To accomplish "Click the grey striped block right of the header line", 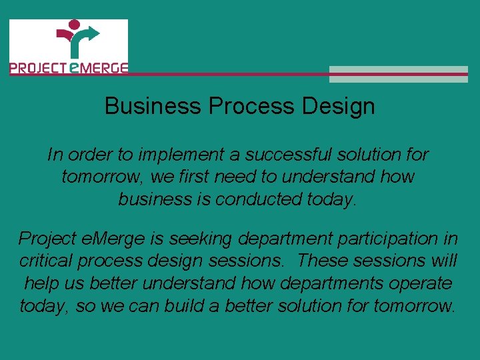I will [x=399, y=74].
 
